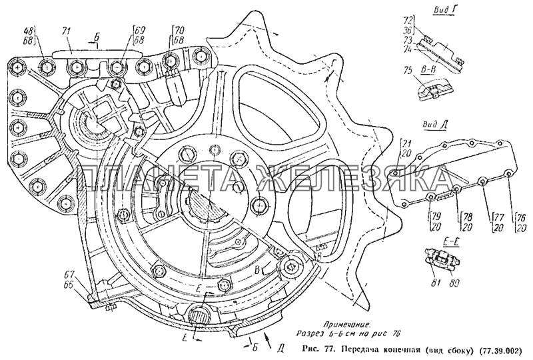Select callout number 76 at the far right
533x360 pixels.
521,217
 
